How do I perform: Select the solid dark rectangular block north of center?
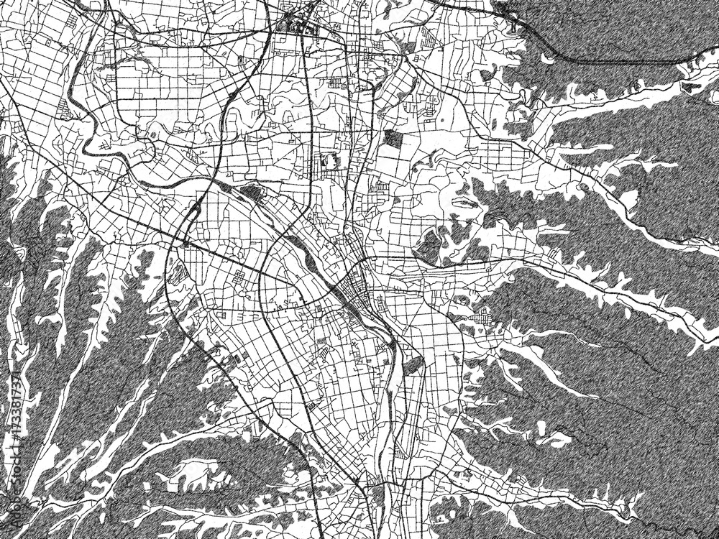click(x=394, y=139)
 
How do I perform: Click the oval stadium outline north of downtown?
click(x=331, y=161)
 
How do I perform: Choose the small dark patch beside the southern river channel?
click(x=413, y=366)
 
